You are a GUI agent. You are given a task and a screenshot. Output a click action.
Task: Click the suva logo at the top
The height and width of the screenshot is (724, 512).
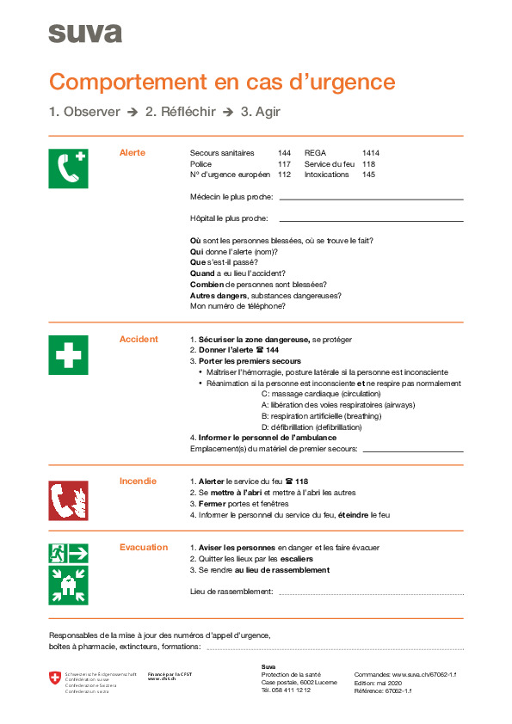click(x=84, y=34)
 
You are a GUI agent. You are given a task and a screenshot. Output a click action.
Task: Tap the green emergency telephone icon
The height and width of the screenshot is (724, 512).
click(x=68, y=168)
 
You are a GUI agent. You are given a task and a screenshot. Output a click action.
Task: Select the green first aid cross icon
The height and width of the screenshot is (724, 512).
click(x=68, y=354)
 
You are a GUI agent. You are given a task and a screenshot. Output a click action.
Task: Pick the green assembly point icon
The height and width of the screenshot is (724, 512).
click(x=68, y=584)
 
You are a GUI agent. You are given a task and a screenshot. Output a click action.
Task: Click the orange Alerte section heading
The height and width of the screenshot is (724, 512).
click(x=132, y=153)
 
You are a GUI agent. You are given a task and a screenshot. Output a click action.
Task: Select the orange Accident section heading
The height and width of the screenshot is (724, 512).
click(x=138, y=339)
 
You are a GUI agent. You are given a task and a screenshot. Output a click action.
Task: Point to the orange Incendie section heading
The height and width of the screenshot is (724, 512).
click(x=138, y=481)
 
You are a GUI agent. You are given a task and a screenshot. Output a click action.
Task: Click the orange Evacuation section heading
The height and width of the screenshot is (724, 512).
click(x=143, y=547)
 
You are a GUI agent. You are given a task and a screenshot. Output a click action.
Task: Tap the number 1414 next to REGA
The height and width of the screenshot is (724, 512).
click(x=370, y=153)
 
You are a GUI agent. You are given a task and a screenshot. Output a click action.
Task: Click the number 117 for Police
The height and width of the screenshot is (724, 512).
click(x=284, y=163)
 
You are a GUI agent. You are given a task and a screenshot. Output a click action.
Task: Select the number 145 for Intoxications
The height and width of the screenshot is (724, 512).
click(x=368, y=174)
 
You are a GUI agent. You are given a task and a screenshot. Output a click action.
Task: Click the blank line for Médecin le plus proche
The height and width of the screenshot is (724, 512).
click(x=371, y=199)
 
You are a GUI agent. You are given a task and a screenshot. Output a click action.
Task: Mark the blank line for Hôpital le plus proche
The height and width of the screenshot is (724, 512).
click(x=371, y=220)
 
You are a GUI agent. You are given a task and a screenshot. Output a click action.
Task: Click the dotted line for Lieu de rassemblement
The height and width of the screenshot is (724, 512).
click(x=371, y=593)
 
